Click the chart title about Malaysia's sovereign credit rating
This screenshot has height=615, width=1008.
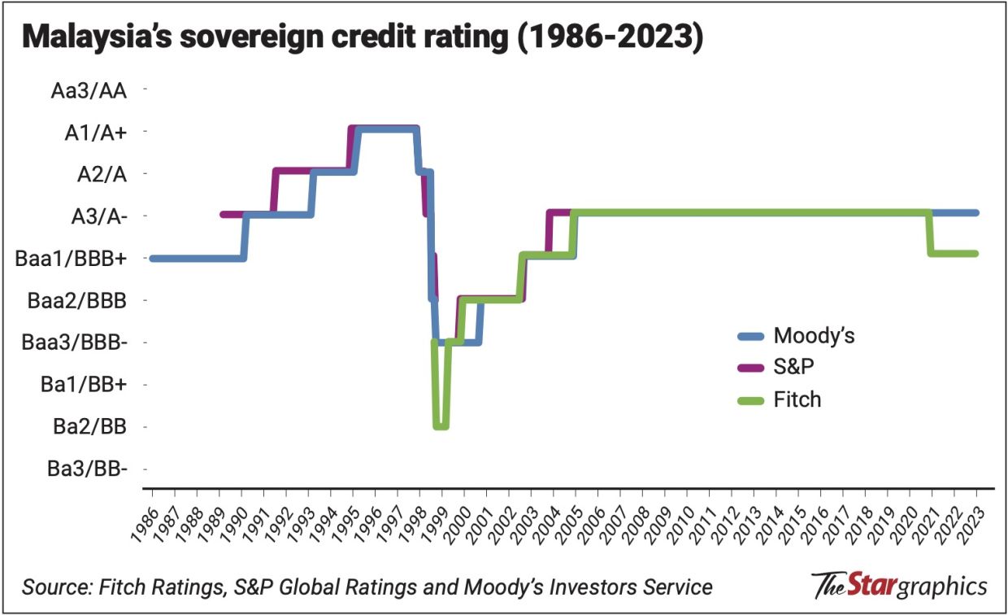coord(363,38)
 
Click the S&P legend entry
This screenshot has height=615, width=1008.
coord(793,367)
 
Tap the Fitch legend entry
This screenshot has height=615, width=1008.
coord(797,399)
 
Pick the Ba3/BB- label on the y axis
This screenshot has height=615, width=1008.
coord(86,469)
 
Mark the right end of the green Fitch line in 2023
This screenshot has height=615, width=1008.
coord(975,254)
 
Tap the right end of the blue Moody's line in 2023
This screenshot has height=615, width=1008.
coord(975,212)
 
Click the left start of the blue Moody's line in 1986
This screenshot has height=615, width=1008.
coord(153,259)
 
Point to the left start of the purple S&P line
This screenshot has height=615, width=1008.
coord(223,215)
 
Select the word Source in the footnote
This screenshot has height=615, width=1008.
coord(51,587)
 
